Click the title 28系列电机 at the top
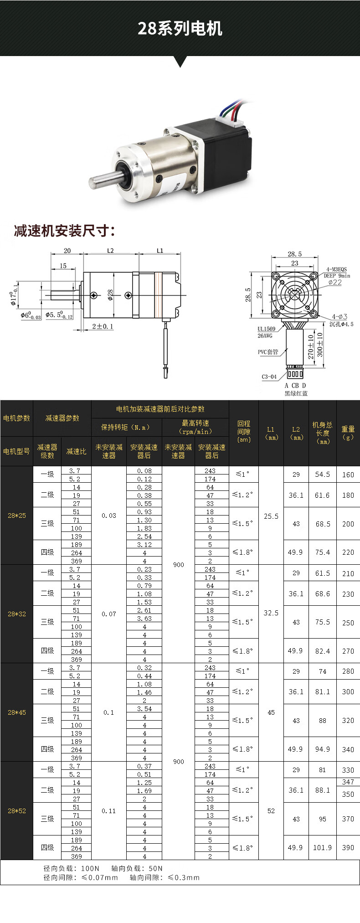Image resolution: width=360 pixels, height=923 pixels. coord(180,29)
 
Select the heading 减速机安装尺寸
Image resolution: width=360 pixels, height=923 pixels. coord(64,231)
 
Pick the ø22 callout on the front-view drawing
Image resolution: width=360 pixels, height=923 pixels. coord(335,283)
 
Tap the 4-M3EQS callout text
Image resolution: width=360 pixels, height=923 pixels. coord(336,269)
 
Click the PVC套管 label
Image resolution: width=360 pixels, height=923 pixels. coord(268,352)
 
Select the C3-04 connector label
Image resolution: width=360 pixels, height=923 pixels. coord(269,376)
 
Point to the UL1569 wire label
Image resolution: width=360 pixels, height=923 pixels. coord(267,329)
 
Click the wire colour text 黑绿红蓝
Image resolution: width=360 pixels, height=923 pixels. coord(296,393)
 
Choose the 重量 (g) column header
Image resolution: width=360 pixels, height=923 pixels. coord(348,433)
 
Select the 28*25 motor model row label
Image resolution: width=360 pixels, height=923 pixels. coord(17,516)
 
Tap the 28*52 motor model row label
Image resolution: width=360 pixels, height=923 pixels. coord(17,811)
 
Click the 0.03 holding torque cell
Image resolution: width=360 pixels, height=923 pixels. coord(109,516)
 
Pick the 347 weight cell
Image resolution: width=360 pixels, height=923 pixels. coord(348,782)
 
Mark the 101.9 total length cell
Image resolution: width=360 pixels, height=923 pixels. coord(323,847)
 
